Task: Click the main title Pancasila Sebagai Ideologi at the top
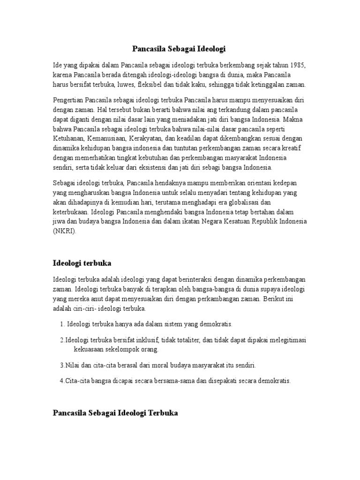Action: coord(180,48)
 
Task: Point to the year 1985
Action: coord(299,64)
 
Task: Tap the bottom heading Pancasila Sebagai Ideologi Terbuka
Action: coord(115,413)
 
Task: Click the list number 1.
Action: coord(62,324)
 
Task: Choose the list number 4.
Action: coord(62,381)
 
